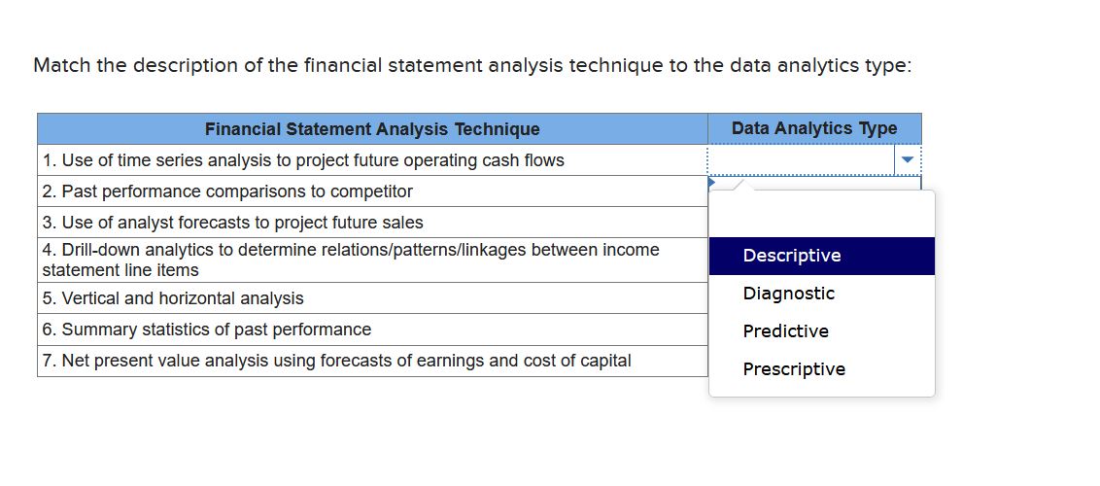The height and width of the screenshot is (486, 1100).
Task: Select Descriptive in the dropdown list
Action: point(792,256)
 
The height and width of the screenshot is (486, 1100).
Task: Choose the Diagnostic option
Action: point(788,294)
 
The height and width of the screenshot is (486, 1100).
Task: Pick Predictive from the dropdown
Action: point(785,331)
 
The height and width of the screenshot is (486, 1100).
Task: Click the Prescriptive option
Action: point(794,369)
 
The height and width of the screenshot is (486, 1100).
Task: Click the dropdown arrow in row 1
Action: point(908,159)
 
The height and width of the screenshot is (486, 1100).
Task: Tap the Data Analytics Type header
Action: point(814,128)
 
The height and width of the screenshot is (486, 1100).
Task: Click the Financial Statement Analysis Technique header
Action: point(372,129)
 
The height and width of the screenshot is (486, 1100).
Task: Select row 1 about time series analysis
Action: point(303,160)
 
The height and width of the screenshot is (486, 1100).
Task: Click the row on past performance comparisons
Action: point(227,191)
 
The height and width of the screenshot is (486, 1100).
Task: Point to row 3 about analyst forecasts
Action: point(233,223)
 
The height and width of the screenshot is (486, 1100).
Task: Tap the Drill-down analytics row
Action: point(350,260)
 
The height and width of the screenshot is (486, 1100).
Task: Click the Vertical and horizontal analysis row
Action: point(173,298)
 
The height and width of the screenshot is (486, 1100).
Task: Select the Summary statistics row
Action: point(207,330)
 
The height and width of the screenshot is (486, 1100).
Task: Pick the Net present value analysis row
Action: point(336,361)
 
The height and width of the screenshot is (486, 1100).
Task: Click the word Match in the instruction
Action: point(62,65)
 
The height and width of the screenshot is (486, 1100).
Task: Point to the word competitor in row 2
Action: point(373,191)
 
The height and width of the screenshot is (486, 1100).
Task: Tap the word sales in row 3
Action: point(402,223)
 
